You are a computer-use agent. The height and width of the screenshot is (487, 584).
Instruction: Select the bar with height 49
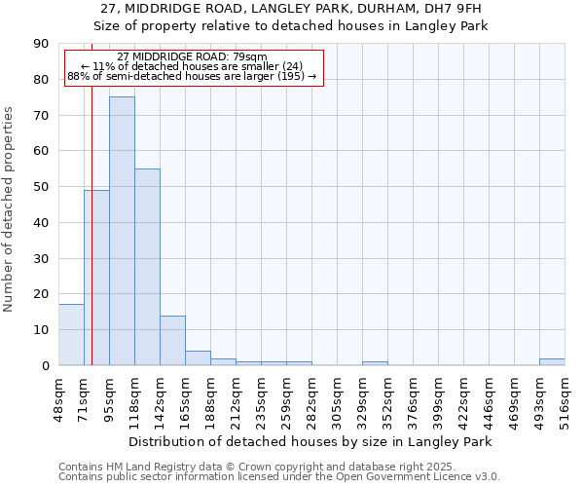96,278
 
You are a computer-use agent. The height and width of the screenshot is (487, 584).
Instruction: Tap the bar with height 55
147,267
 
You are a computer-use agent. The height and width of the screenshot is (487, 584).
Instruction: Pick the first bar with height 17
71,335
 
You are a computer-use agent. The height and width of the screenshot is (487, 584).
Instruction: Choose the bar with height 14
172,341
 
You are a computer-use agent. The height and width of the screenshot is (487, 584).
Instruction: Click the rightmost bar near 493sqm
552,362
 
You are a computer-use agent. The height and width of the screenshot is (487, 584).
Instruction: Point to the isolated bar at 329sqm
375,363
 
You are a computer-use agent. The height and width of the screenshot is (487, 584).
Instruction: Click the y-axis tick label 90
41,44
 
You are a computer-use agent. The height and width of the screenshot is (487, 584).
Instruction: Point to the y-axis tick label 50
41,187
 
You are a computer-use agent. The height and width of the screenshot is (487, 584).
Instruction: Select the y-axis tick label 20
41,294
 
